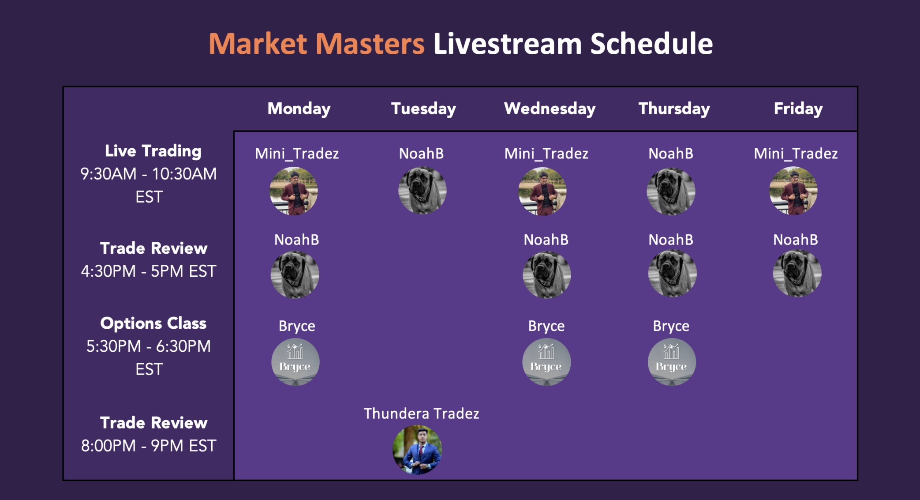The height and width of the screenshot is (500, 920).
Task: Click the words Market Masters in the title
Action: pyautogui.click(x=317, y=44)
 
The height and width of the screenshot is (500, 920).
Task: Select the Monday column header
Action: pyautogui.click(x=299, y=109)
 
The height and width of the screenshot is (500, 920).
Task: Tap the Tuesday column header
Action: pyautogui.click(x=423, y=109)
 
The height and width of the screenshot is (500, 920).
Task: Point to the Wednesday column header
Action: pyautogui.click(x=550, y=109)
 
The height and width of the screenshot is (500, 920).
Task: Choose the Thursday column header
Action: pyautogui.click(x=674, y=109)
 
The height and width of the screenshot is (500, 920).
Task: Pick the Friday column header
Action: pyautogui.click(x=798, y=109)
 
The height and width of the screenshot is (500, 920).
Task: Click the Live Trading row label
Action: pyautogui.click(x=153, y=151)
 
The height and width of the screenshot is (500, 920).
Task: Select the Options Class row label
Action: pyautogui.click(x=153, y=323)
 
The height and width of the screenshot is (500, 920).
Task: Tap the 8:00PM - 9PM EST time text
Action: pyautogui.click(x=149, y=446)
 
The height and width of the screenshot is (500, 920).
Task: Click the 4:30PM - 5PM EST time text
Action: pyautogui.click(x=149, y=271)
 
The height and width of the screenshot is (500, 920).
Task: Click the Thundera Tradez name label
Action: pyautogui.click(x=421, y=414)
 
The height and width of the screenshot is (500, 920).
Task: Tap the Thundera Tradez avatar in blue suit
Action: pyautogui.click(x=417, y=450)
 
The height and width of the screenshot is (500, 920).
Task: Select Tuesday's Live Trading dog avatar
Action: pyautogui.click(x=423, y=190)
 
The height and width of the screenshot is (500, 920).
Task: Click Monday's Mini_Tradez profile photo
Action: pyautogui.click(x=294, y=191)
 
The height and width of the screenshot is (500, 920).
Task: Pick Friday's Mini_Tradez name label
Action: pyautogui.click(x=796, y=154)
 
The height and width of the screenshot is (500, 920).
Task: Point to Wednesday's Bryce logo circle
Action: pyautogui.click(x=546, y=362)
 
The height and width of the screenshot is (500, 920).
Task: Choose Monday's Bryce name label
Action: pyautogui.click(x=297, y=326)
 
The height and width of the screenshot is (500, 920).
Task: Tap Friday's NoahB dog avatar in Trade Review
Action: pyautogui.click(x=797, y=273)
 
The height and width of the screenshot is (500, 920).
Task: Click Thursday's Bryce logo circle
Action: pyautogui.click(x=672, y=362)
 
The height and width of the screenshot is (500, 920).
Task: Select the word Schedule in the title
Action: pyautogui.click(x=651, y=44)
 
